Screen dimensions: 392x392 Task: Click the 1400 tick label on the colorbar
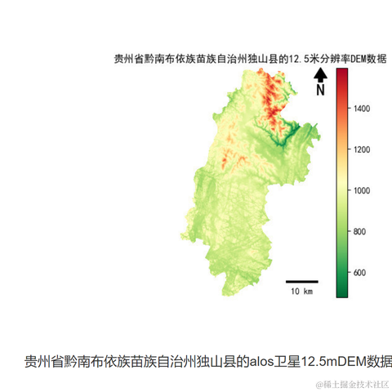pos(365,108)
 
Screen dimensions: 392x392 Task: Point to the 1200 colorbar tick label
pos(365,149)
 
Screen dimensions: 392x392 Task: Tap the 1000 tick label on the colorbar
pos(365,190)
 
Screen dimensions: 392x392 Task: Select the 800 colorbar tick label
pos(363,231)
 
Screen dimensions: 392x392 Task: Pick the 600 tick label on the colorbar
pos(363,273)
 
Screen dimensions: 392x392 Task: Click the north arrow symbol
pos(321,75)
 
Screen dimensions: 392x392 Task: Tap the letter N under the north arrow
pos(321,90)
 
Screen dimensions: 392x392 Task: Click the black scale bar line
pos(301,282)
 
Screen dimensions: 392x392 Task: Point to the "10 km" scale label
pos(301,292)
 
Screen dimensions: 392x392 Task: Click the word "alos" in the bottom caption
pos(263,361)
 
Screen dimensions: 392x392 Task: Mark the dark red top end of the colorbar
pos(341,72)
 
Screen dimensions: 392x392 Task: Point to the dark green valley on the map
pos(282,139)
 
